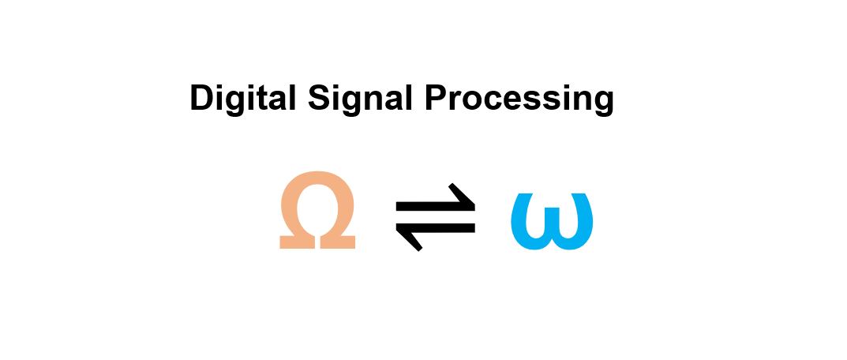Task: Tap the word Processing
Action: click(519, 99)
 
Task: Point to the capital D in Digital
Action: click(201, 98)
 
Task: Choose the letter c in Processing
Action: click(492, 102)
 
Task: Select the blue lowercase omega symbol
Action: click(551, 222)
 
